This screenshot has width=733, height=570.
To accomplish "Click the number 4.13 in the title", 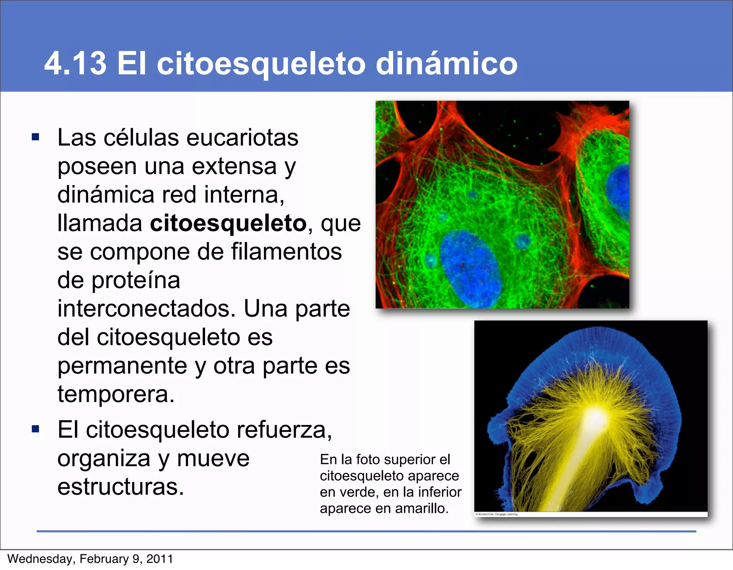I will pos(76,63).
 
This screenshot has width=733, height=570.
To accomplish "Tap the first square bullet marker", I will pos(35,137).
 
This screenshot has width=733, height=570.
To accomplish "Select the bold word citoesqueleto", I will pos(228,223).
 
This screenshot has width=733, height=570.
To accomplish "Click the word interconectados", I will pos(146,309).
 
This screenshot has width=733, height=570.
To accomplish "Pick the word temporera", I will pos(116,394).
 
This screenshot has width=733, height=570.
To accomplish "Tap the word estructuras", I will pos(120,487).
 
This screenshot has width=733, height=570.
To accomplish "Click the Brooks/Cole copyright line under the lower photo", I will pos(496,515).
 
